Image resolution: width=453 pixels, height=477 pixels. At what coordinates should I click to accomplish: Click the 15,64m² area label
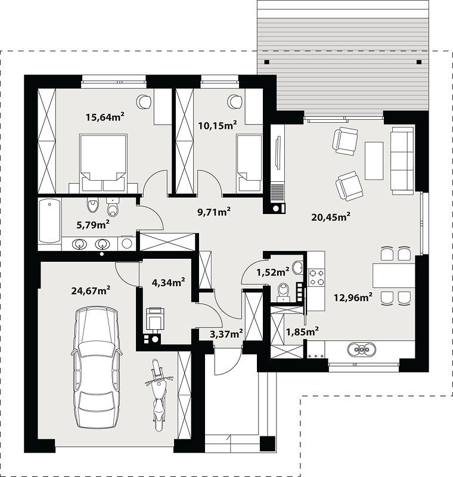coord(105,116)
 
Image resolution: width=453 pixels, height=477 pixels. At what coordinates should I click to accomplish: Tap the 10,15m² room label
coord(218,125)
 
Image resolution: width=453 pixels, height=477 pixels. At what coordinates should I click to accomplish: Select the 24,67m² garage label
coord(91,290)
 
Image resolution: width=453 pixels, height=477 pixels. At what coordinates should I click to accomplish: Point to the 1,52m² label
coord(273,272)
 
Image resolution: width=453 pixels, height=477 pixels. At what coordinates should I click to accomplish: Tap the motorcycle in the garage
coord(159,395)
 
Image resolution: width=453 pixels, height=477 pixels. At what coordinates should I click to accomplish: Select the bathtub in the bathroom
coord(50,221)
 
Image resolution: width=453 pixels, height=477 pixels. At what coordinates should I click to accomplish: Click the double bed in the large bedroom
coord(103,163)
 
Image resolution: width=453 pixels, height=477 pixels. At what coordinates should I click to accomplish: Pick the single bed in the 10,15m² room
coord(249,163)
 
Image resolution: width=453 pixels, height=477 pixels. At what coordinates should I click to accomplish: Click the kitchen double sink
coord(362,349)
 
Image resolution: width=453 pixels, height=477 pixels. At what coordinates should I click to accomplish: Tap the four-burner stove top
coord(317,278)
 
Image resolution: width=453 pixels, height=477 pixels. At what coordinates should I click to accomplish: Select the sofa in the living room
coord(402,160)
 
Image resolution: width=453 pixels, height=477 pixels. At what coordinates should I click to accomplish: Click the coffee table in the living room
coord(374,160)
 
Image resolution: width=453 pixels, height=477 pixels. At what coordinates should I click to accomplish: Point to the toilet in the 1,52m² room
coord(283,292)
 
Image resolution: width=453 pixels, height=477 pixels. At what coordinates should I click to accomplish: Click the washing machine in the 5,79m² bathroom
coord(127,243)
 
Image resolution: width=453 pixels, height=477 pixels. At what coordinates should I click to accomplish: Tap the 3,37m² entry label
coord(226,334)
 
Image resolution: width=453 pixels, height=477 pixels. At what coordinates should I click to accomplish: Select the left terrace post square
coord(266,62)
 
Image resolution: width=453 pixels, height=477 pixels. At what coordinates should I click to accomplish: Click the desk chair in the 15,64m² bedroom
coord(144,101)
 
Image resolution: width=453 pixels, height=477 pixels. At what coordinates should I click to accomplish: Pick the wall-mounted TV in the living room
coord(278,152)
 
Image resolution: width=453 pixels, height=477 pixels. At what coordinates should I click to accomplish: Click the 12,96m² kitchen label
coord(353,297)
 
